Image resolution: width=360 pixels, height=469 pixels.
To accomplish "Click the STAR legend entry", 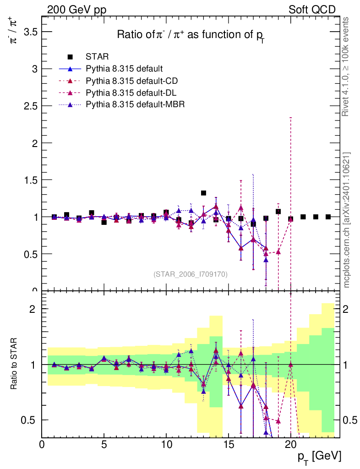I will [x=97, y=57].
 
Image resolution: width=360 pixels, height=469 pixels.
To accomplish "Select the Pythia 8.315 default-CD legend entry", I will [x=131, y=81].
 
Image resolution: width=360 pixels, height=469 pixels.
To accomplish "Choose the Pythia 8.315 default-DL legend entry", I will [x=131, y=93].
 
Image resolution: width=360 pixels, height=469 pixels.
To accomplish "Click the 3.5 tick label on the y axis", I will [x=28, y=32].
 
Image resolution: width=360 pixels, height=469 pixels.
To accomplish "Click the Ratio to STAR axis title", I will [x=15, y=363].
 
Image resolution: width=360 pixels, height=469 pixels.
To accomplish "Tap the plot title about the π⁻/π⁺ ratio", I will [x=191, y=35].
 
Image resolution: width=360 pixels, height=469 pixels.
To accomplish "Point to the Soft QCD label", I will [x=312, y=10].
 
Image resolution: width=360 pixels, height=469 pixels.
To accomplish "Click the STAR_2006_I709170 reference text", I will [x=190, y=274].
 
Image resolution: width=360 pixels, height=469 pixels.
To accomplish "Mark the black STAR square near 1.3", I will [x=203, y=193].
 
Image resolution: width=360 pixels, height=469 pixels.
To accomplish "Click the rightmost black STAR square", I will [x=328, y=217].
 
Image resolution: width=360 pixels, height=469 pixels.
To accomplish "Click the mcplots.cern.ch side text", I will [x=346, y=220].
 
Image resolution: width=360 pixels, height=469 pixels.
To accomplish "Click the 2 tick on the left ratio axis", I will [x=33, y=309].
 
